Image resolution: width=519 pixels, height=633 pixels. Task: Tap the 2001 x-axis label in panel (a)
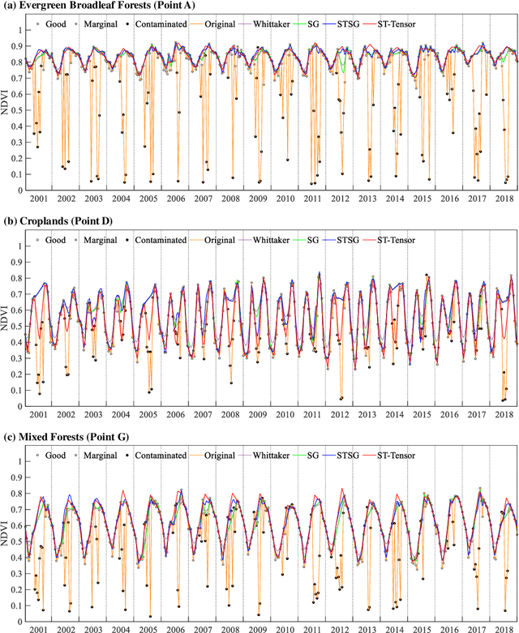[38, 199]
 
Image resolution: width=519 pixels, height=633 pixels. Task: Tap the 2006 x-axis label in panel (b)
[174, 413]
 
